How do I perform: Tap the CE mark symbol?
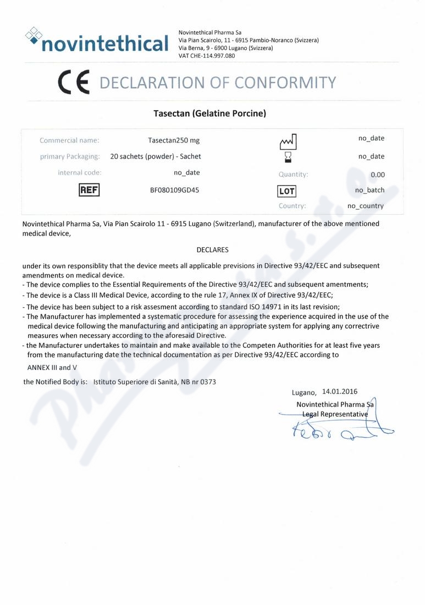(x=74, y=83)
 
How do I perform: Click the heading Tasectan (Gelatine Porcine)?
(x=209, y=114)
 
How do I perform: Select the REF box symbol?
(x=90, y=190)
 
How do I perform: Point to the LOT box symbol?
(x=287, y=191)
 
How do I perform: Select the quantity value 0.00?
(x=377, y=175)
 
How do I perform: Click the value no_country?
(x=366, y=206)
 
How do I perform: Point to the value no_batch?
(x=369, y=190)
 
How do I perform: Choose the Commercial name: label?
(x=69, y=140)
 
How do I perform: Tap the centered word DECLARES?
(x=212, y=249)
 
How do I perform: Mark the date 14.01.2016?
(x=340, y=392)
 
